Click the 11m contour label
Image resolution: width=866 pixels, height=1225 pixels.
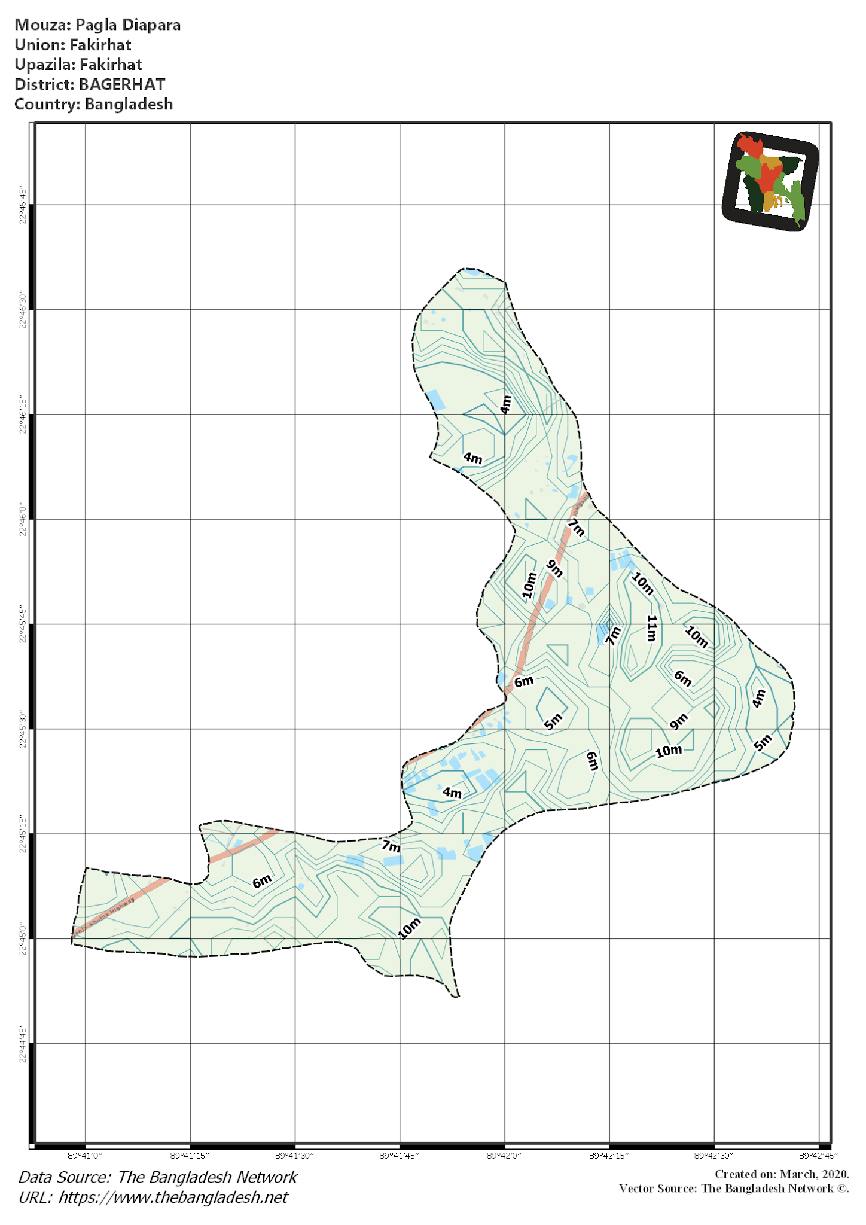pos(651,628)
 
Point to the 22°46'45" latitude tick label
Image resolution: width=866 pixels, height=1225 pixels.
pos(23,205)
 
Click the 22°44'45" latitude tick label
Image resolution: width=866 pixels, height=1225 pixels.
pos(23,1044)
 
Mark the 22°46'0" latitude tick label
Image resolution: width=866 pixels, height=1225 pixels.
pos(23,519)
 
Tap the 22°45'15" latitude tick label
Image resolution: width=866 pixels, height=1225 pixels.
pos(23,834)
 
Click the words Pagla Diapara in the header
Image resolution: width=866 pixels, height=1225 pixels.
pos(128,25)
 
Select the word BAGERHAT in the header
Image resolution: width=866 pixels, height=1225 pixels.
pos(122,84)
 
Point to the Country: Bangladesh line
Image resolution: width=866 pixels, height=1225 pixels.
pos(94,104)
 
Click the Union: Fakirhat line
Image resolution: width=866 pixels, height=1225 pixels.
pos(73,45)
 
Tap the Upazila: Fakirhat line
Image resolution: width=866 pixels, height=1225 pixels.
pos(78,65)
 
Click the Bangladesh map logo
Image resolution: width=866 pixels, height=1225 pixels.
pos(770,181)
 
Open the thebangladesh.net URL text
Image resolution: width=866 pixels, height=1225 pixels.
pos(173,1197)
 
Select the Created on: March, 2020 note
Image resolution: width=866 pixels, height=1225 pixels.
pos(782,1174)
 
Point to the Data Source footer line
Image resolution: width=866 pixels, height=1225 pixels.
pos(158,1177)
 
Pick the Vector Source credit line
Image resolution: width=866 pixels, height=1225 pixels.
pos(734,1188)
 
